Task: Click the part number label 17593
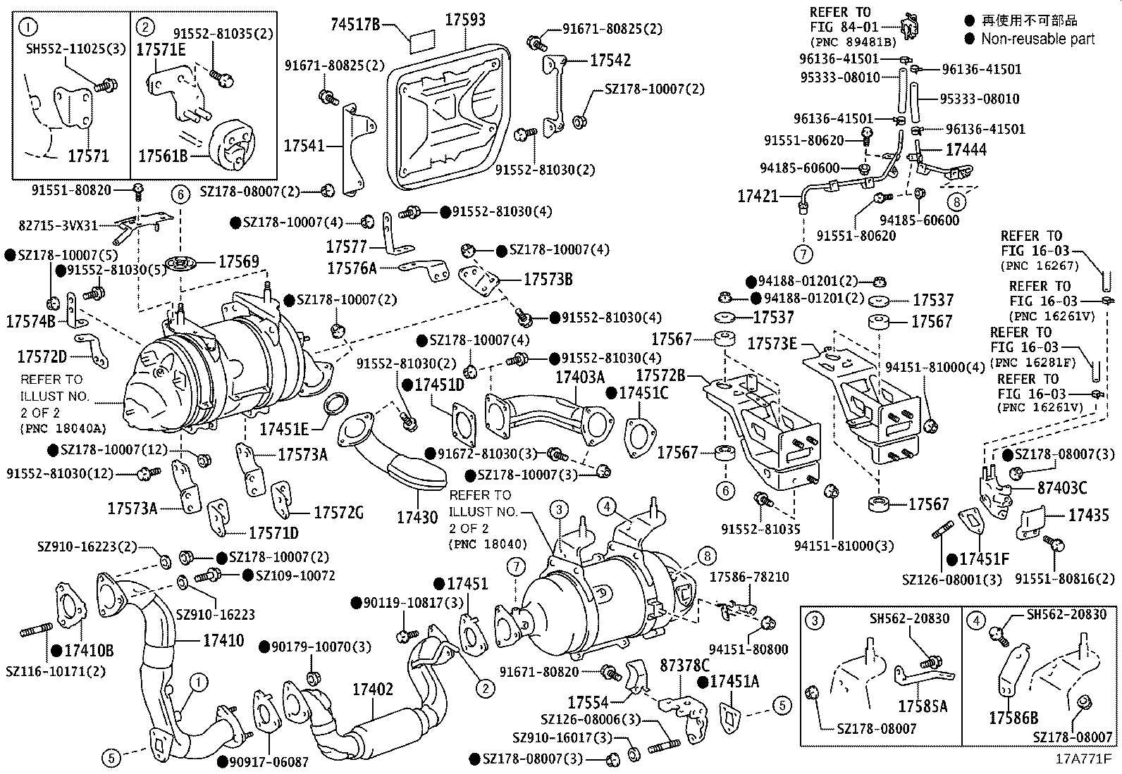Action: [464, 20]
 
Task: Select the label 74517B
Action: [355, 25]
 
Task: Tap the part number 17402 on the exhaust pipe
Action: [372, 689]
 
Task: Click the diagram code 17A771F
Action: [1083, 759]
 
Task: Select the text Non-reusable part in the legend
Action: [1037, 39]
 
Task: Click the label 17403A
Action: [579, 377]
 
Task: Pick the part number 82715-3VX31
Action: [57, 225]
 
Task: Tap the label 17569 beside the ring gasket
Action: [238, 262]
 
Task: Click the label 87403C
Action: [1062, 488]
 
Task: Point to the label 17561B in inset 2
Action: [163, 156]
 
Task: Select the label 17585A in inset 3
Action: [923, 705]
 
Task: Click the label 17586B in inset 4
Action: [1013, 718]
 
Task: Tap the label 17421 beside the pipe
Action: [758, 196]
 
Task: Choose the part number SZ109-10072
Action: [295, 575]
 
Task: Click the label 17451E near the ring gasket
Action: [284, 428]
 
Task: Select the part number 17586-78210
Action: [748, 578]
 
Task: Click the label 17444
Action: [966, 149]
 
